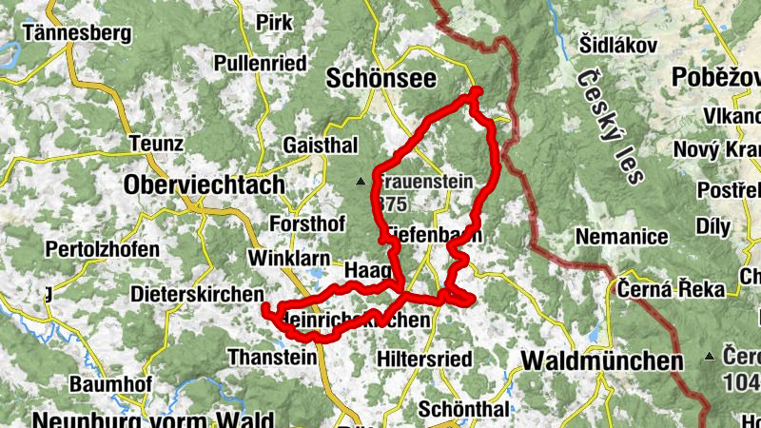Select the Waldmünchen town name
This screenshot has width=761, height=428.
(x=602, y=361)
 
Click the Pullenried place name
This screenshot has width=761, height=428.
(x=261, y=64)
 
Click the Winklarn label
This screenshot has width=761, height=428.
(x=287, y=259)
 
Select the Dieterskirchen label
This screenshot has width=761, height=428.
(x=197, y=293)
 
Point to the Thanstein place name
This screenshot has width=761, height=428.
(x=271, y=358)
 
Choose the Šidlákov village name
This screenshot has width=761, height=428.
(x=618, y=45)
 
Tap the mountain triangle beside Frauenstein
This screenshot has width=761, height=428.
(x=361, y=181)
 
